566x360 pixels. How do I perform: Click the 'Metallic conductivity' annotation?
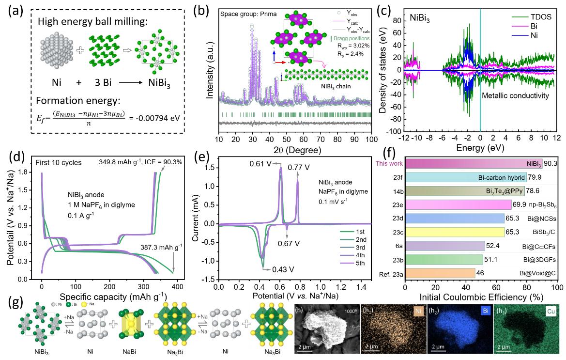pos(516,96)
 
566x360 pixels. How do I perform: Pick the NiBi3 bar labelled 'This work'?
pos(473,164)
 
